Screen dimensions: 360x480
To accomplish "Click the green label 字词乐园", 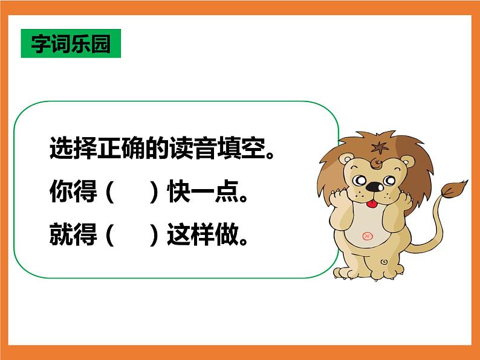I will [71, 43].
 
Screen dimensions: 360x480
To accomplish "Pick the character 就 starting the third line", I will [60, 235].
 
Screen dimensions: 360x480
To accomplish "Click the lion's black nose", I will [375, 185].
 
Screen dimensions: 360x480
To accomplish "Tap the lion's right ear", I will [409, 162].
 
